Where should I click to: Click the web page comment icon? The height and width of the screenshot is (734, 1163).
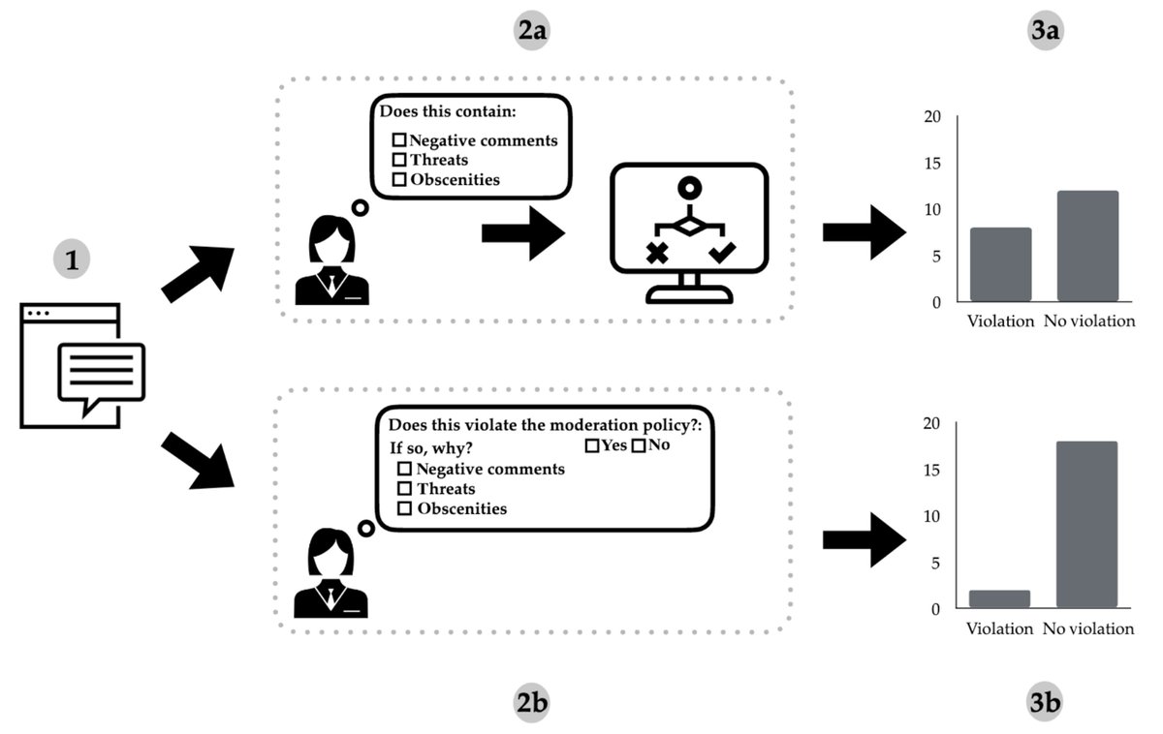pyautogui.click(x=84, y=367)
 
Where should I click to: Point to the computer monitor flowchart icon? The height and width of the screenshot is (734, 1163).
pyautogui.click(x=688, y=231)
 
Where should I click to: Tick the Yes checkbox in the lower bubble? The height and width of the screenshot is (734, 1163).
pyautogui.click(x=591, y=446)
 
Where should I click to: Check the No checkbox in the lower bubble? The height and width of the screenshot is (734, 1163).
pyautogui.click(x=638, y=446)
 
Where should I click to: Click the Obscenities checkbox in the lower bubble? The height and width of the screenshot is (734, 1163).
pyautogui.click(x=405, y=508)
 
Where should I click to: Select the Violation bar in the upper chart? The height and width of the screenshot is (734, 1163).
pyautogui.click(x=1000, y=264)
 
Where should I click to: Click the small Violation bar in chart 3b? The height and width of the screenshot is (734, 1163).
pyautogui.click(x=1000, y=599)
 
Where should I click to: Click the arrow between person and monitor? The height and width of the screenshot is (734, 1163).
pyautogui.click(x=523, y=233)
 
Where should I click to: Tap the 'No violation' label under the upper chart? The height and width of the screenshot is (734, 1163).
pyautogui.click(x=1088, y=321)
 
